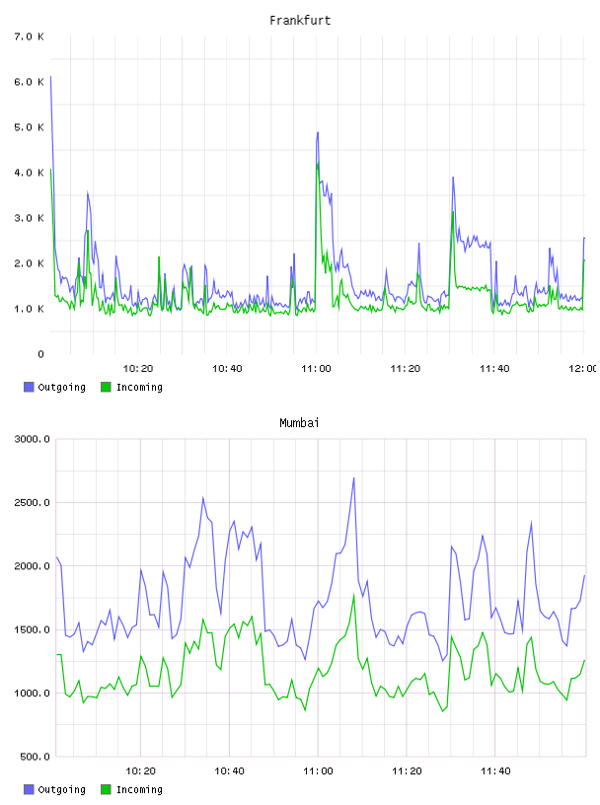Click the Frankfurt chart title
pyautogui.click(x=300, y=20)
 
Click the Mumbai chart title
pyautogui.click(x=299, y=422)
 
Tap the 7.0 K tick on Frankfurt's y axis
pyautogui.click(x=29, y=37)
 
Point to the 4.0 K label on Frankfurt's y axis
pyautogui.click(x=29, y=173)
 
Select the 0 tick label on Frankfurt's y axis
pyautogui.click(x=40, y=354)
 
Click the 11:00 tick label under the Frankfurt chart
pyautogui.click(x=316, y=368)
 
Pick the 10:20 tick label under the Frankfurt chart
pyautogui.click(x=138, y=368)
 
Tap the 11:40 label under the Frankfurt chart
pyautogui.click(x=494, y=368)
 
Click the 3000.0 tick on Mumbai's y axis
pyautogui.click(x=33, y=439)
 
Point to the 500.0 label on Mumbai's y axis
pyautogui.click(x=35, y=757)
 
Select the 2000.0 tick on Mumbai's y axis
pyautogui.click(x=33, y=565)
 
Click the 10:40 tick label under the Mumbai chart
pyautogui.click(x=229, y=770)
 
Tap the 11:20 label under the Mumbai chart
pyautogui.click(x=407, y=770)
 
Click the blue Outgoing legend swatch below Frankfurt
pyautogui.click(x=29, y=387)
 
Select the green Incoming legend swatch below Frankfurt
pyautogui.click(x=106, y=387)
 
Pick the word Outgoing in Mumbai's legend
pyautogui.click(x=61, y=789)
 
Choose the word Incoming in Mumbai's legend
pyautogui.click(x=139, y=789)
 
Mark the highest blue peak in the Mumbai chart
pyautogui.click(x=354, y=477)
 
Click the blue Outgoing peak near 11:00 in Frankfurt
pyautogui.click(x=318, y=132)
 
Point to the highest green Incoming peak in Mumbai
pyautogui.click(x=354, y=595)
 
